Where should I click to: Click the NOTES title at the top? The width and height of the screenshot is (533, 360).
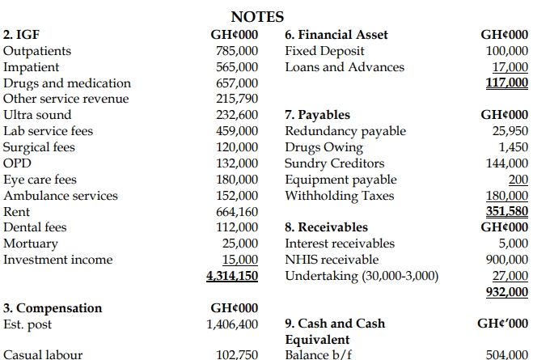point(257,15)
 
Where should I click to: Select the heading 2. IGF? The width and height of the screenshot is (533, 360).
point(22,35)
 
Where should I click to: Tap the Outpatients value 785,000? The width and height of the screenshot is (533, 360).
point(237,51)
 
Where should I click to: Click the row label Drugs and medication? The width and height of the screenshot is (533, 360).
point(67,83)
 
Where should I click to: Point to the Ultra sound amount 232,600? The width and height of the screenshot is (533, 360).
point(237,115)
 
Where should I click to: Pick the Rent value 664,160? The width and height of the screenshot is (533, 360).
point(237,211)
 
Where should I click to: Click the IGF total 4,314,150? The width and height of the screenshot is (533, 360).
point(232,276)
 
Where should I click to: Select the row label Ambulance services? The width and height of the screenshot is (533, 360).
point(61,195)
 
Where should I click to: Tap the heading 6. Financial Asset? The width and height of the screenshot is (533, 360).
point(336,35)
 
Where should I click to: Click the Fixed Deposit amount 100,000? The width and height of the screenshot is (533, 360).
point(506,51)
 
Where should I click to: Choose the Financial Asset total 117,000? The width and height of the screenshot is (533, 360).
point(506,83)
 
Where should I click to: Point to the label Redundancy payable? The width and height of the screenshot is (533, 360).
point(345,131)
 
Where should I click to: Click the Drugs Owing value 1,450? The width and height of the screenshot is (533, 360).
point(514,147)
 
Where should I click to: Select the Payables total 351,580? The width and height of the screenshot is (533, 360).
point(506,211)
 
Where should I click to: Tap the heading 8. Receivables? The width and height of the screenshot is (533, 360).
point(326,227)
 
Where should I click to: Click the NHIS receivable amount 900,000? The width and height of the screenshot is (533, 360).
point(506,260)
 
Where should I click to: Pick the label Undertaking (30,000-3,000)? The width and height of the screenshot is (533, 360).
point(362,276)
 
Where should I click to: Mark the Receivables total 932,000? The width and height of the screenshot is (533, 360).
point(506,291)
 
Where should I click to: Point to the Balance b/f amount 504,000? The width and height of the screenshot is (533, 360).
point(506,355)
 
